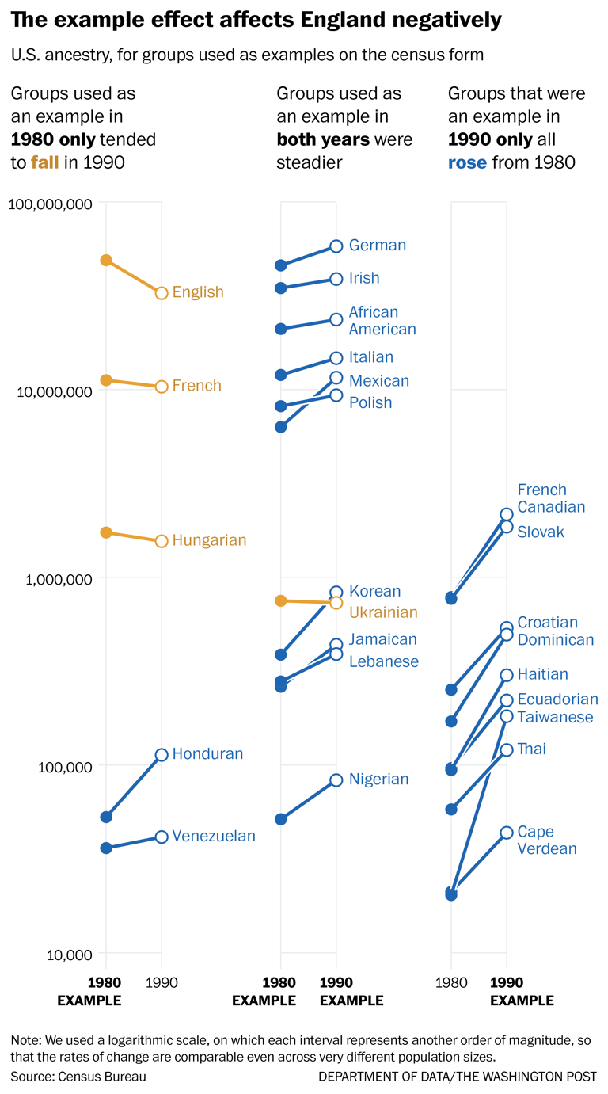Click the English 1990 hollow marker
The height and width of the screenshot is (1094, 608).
(x=161, y=293)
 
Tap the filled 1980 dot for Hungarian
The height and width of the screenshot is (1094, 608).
(x=106, y=532)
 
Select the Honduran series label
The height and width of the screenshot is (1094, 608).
(x=207, y=754)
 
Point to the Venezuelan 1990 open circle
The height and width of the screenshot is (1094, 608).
(x=161, y=837)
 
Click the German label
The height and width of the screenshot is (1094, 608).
(x=378, y=246)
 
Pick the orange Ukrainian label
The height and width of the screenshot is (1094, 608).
(x=383, y=612)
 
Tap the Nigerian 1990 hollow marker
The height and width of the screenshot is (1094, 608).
(x=336, y=780)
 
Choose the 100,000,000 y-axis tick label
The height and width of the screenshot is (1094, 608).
(x=51, y=204)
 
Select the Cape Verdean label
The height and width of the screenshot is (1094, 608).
(x=547, y=841)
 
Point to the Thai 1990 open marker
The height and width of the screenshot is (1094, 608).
(x=507, y=749)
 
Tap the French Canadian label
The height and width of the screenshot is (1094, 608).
(x=551, y=498)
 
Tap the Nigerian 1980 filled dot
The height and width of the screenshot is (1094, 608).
(x=280, y=819)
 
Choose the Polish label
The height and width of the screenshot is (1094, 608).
(x=370, y=403)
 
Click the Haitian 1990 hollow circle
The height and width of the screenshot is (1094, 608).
(x=507, y=675)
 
